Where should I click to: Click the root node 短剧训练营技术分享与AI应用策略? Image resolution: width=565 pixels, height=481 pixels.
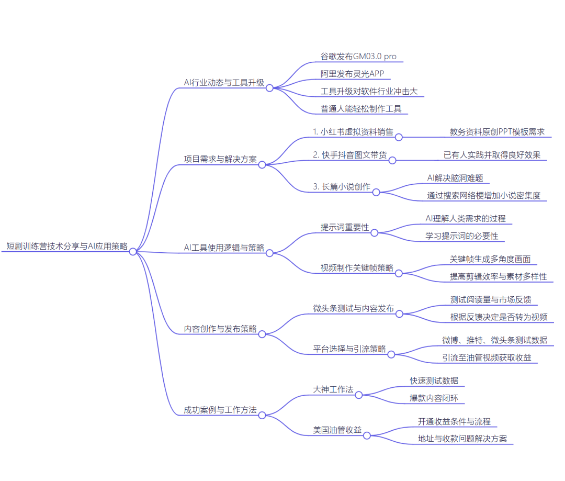pyautogui.click(x=67, y=246)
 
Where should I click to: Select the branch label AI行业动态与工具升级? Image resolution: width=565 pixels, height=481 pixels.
pyautogui.click(x=224, y=83)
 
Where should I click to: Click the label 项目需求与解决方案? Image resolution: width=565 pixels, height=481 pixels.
pyautogui.click(x=220, y=159)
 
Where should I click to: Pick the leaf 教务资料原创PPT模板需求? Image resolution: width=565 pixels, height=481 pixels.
pyautogui.click(x=497, y=132)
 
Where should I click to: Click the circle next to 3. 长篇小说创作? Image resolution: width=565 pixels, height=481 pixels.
pyautogui.click(x=376, y=192)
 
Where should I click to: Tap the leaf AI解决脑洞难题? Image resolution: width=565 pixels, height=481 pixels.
pyautogui.click(x=455, y=178)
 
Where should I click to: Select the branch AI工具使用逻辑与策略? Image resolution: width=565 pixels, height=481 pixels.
pyautogui.click(x=224, y=248)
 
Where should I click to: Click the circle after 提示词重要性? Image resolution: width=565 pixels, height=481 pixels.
pyautogui.click(x=374, y=232)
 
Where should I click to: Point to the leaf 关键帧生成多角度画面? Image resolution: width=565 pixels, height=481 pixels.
pyautogui.click(x=490, y=259)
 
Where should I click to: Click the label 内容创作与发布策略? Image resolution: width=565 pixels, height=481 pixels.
pyautogui.click(x=220, y=329)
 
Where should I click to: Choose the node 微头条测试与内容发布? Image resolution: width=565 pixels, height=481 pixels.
pyautogui.click(x=353, y=308)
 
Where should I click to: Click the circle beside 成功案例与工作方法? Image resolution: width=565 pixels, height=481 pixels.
pyautogui.click(x=262, y=415)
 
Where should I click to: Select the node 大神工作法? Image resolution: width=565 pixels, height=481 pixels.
pyautogui.click(x=333, y=390)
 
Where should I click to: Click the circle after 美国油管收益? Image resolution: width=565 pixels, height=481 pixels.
pyautogui.click(x=367, y=435)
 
